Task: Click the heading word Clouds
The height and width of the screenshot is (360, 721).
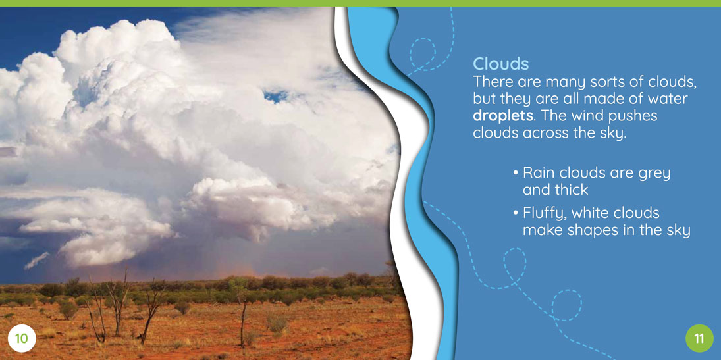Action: click(500, 63)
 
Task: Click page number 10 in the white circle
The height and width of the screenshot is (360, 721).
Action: click(22, 339)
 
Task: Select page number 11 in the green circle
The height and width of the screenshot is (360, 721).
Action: click(699, 339)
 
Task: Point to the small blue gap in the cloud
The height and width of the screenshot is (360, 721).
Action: click(276, 95)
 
